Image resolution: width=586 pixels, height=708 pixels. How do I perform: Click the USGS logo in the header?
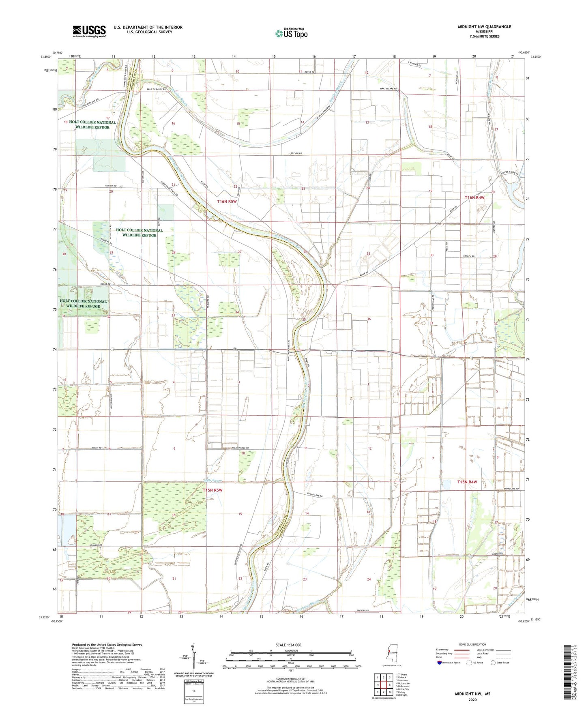pos(89,31)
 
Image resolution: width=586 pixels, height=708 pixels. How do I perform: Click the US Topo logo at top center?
pos(291,33)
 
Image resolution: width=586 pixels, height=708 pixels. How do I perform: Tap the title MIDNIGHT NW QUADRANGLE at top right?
pos(479,27)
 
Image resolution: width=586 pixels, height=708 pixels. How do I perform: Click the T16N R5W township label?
pos(227,201)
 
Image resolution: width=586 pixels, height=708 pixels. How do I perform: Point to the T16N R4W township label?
pos(474,197)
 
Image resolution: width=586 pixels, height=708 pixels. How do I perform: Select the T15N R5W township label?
pos(213,490)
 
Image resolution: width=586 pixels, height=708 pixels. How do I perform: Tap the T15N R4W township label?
pos(467,482)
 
